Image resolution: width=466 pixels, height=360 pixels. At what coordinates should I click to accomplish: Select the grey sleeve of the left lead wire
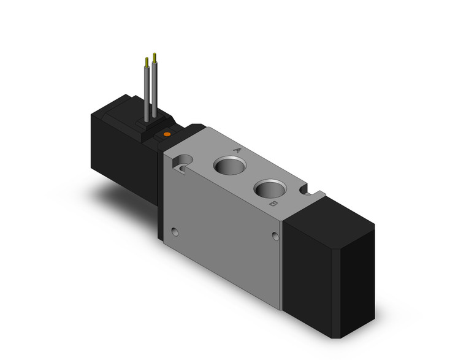(x=147, y=92)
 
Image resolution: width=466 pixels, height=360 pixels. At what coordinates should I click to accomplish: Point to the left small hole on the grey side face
(x=177, y=233)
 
